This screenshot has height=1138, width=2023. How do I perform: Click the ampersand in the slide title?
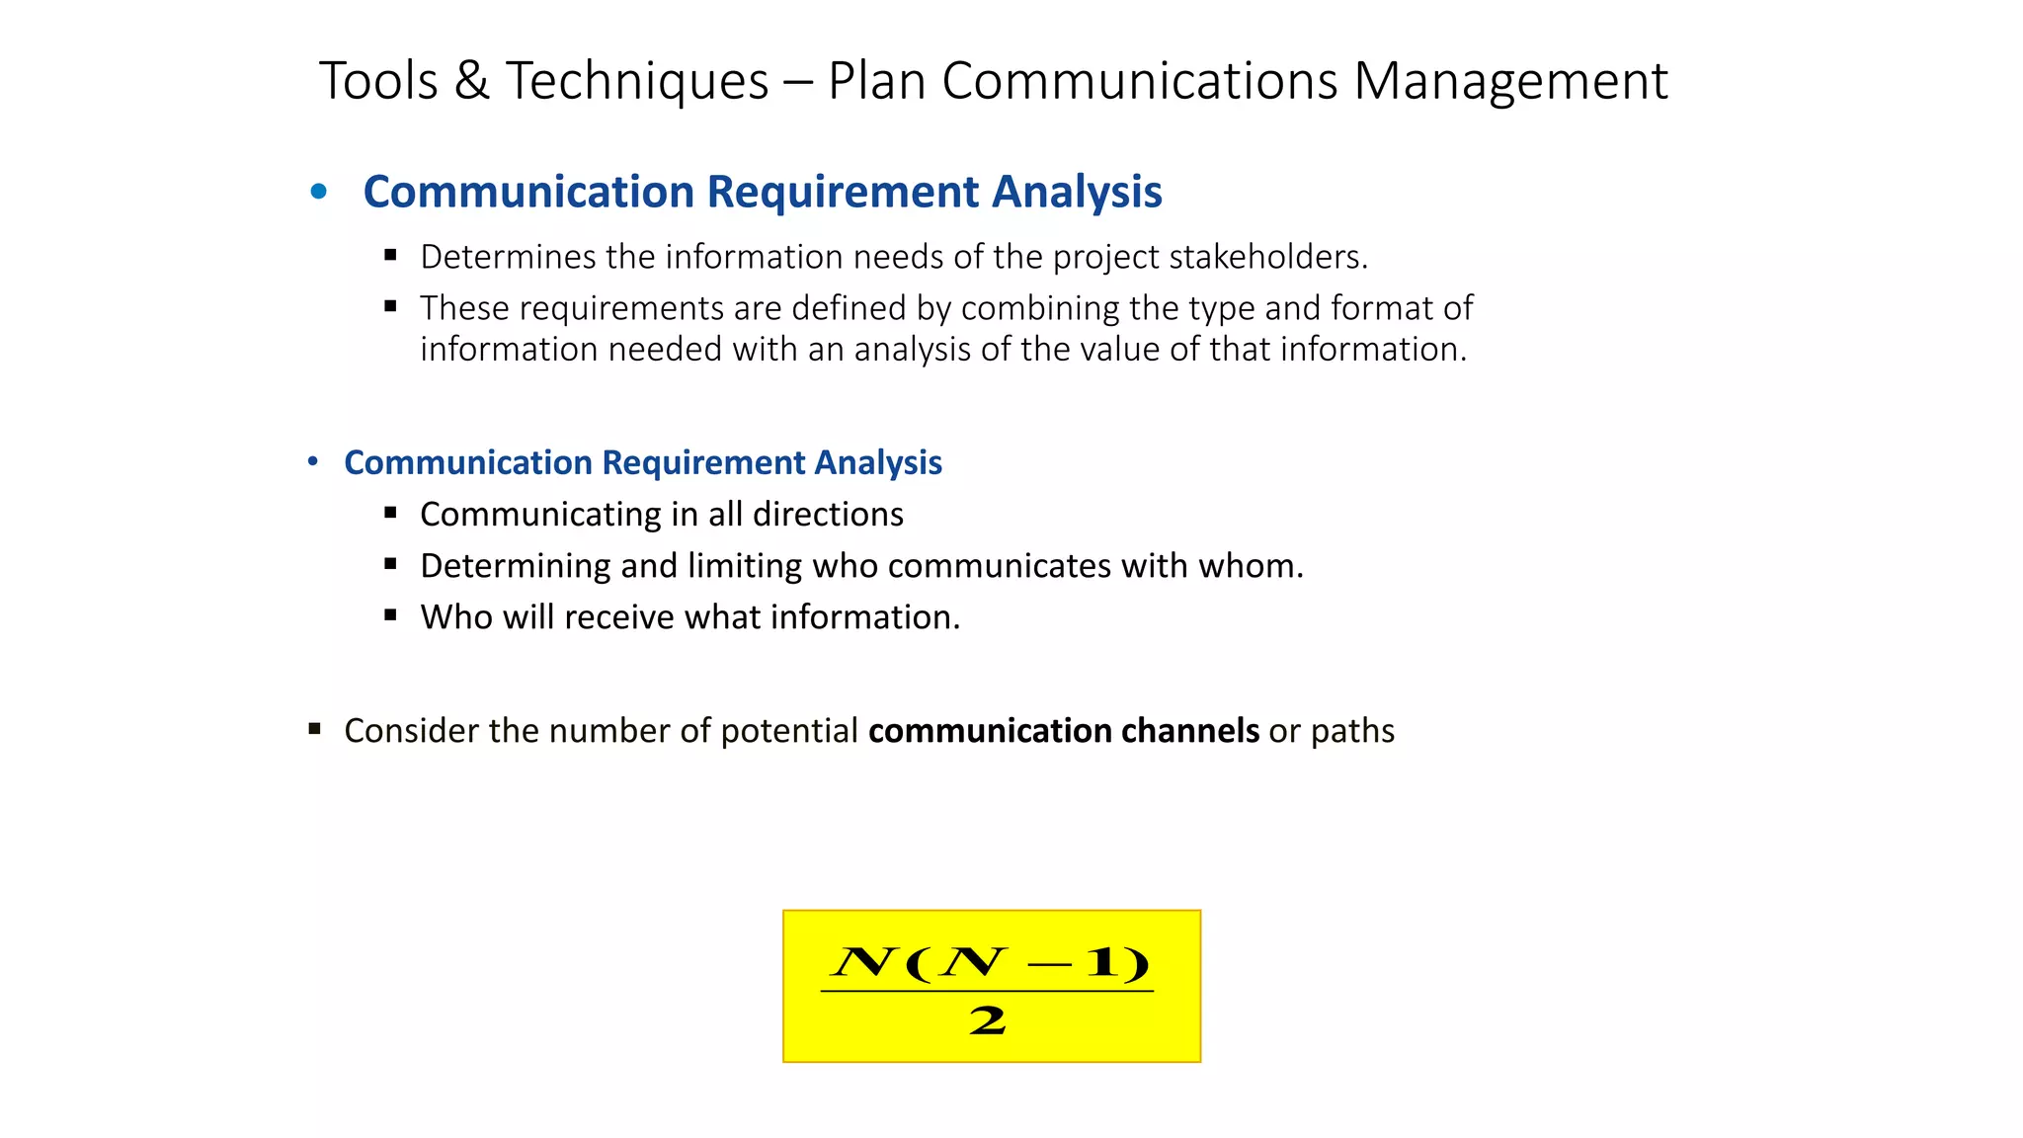click(471, 81)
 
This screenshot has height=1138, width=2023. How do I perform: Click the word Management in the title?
click(1510, 81)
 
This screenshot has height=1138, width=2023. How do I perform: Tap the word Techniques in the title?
click(637, 81)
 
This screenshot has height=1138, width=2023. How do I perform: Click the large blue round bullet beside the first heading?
click(318, 192)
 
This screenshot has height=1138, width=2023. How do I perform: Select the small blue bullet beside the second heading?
click(313, 461)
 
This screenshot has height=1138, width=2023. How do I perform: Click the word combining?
click(1039, 308)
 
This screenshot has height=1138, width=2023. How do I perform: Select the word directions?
click(828, 515)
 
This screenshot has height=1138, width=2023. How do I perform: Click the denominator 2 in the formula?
click(987, 1021)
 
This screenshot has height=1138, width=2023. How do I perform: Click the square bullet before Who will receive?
click(391, 615)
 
